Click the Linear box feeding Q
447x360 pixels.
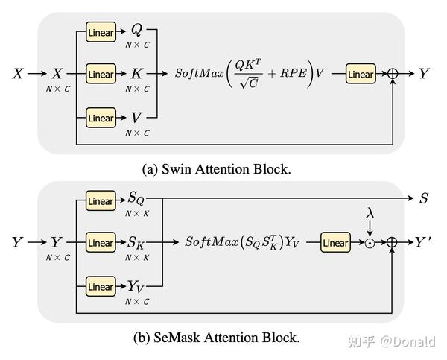click(101, 31)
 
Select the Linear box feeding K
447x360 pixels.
click(101, 75)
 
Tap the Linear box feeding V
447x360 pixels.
click(101, 118)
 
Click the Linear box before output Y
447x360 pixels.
click(361, 75)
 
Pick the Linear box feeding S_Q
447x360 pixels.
click(101, 200)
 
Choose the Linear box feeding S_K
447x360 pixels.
click(101, 243)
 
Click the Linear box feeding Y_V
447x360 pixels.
click(101, 286)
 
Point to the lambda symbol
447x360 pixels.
click(369, 214)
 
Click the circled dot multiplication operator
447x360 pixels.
click(369, 244)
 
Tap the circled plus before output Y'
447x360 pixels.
click(393, 244)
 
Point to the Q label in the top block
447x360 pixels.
click(136, 30)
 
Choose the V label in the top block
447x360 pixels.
click(136, 117)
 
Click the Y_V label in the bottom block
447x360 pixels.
click(137, 286)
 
